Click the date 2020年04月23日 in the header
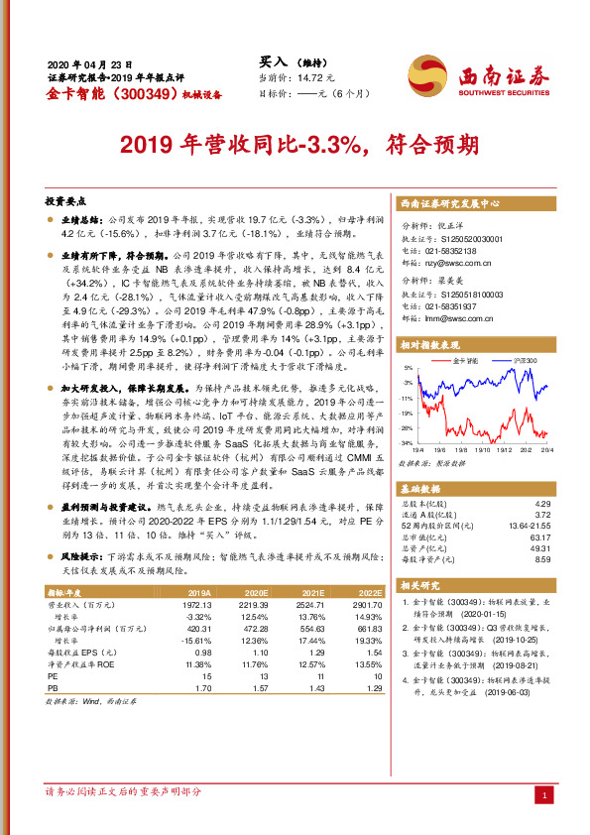click(89, 62)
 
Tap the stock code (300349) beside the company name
click(139, 95)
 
